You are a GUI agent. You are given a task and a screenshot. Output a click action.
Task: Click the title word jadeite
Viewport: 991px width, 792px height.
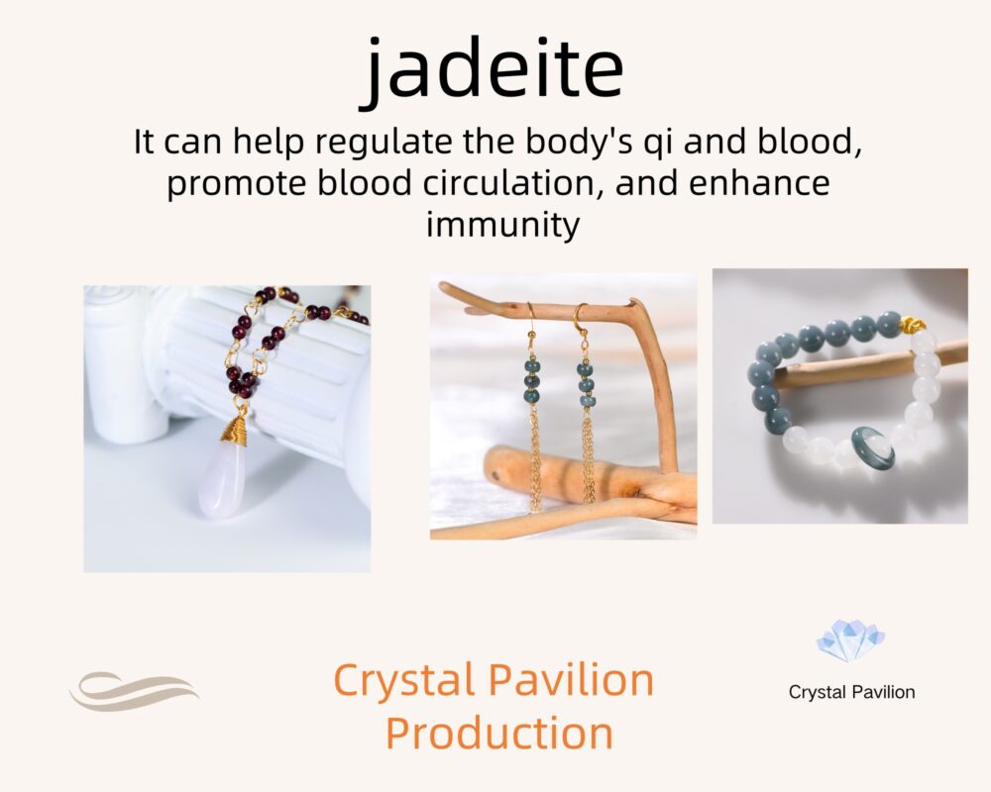coord(494,69)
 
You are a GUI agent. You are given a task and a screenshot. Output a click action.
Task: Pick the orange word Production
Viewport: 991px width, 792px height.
coord(499,733)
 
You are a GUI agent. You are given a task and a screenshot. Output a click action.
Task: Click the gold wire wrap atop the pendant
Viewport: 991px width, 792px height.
coord(235,430)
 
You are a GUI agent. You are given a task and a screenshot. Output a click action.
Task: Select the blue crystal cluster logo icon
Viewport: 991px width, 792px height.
coord(850,641)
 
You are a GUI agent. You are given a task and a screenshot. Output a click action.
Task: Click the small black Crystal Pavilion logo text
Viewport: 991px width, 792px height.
coord(851,692)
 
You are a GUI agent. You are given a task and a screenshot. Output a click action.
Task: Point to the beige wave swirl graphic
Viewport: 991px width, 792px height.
coord(134,690)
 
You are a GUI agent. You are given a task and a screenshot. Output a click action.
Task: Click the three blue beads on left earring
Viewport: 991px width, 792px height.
coord(532,381)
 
